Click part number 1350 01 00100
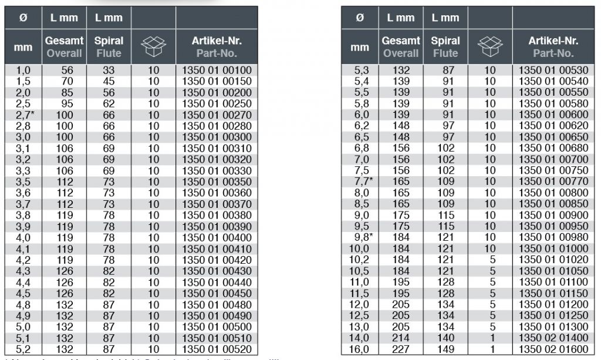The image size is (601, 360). pos(217,70)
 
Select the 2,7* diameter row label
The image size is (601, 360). pos(24,115)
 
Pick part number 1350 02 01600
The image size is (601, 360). pos(553,349)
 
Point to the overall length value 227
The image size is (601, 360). pos(401,349)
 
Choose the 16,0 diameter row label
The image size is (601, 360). pos(359,349)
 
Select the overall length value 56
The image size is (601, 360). pos(65,70)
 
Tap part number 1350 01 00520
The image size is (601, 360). pos(217,349)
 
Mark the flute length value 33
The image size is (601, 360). pos(109,70)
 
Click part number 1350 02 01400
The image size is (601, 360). pos(553,338)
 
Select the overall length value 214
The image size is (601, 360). pos(401,338)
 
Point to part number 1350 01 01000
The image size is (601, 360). pos(553,249)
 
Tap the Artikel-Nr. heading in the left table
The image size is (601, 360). pos(217,41)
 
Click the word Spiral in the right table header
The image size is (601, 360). pos(445,41)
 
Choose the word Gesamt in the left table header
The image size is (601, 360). pos(65,41)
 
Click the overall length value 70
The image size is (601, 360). pos(65,82)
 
